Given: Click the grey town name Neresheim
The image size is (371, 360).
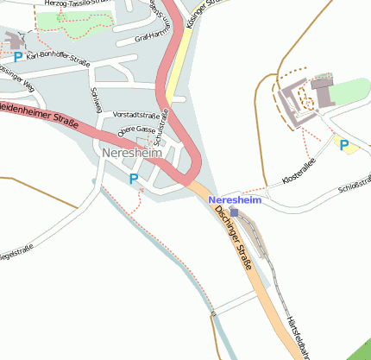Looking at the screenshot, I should click(131, 153).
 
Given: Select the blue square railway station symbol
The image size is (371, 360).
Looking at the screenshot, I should click(235, 212).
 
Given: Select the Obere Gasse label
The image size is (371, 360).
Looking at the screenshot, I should click(135, 129).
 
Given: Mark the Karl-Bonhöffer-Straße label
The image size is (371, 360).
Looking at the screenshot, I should click(58, 58).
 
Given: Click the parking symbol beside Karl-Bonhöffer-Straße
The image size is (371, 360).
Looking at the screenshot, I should click(17, 57).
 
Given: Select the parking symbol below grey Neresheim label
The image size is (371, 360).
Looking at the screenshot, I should click(133, 179).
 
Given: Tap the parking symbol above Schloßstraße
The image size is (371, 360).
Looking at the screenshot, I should click(344, 145).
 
